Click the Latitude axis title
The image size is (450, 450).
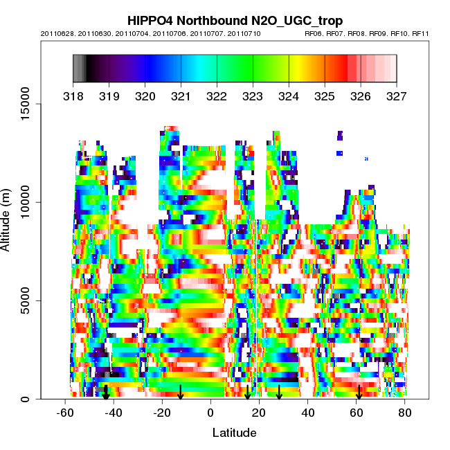coord(234,433)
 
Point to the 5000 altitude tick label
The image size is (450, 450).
coord(27,300)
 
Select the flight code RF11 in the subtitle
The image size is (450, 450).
coord(421,33)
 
